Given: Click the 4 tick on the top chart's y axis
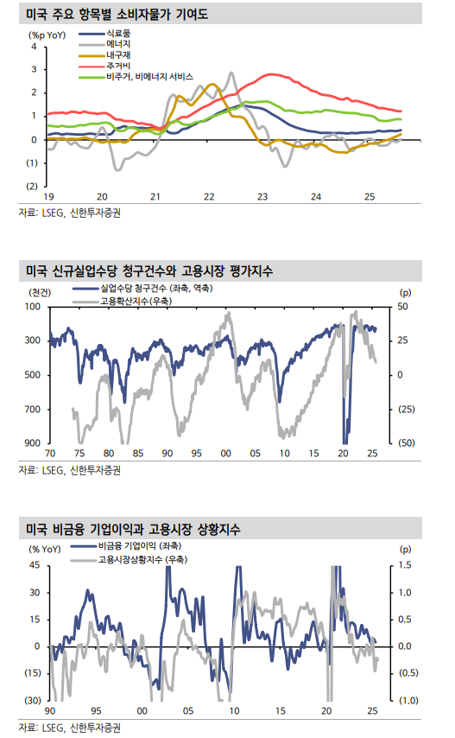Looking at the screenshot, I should tap(34, 46).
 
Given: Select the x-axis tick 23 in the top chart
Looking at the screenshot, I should tap(262, 196).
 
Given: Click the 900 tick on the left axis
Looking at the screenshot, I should tap(33, 442).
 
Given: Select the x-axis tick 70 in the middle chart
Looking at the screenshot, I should tap(49, 454).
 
